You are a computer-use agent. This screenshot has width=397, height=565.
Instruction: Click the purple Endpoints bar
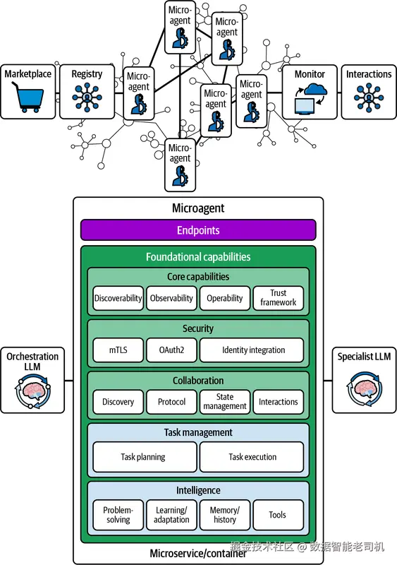pos(198,230)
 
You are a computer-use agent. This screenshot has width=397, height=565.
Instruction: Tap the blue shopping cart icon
pos(28,96)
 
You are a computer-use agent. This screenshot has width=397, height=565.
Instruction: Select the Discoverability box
pos(118,298)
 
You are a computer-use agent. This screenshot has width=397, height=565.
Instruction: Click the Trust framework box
pos(279,298)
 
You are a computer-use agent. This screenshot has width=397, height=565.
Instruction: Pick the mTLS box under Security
pos(118,350)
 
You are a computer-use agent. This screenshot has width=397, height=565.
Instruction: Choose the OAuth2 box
pos(171,350)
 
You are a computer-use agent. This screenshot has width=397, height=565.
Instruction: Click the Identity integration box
pos(252,350)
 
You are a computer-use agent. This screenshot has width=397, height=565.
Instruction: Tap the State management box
pos(225,402)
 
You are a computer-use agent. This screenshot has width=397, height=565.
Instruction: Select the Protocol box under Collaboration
pos(171,402)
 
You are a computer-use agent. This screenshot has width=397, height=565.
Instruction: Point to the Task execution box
pos(252,457)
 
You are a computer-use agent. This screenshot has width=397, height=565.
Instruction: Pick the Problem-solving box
pos(118,515)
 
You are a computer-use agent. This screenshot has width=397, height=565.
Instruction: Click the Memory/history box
pos(225,515)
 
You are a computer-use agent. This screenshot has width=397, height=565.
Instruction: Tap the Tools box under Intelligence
pos(279,515)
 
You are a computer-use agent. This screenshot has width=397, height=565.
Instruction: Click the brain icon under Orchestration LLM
pos(32,391)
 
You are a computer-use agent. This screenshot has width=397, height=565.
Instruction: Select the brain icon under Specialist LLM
pos(364,389)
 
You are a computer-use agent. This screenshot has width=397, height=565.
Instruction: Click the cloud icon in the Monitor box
pos(315,90)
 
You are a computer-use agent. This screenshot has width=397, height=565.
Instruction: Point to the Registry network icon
pos(87,97)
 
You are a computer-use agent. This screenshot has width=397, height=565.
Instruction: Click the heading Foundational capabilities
pos(198,257)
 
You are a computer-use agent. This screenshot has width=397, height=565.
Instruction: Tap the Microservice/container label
pos(198,554)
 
